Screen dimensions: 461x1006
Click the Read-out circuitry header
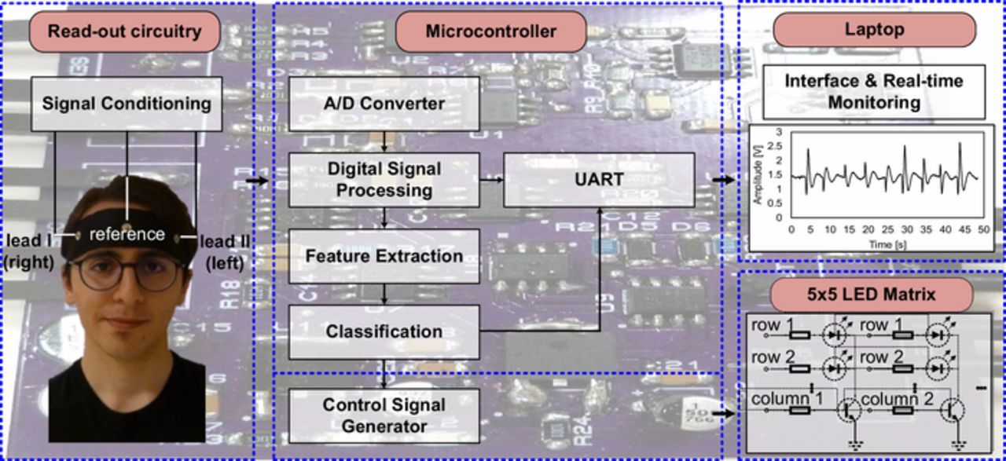(124, 32)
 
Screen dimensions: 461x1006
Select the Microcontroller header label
(490, 32)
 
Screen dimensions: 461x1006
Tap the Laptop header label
(874, 30)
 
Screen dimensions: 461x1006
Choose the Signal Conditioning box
(126, 103)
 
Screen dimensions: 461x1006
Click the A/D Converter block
(384, 104)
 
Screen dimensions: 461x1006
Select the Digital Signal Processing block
(384, 180)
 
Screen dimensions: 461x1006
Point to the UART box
(599, 180)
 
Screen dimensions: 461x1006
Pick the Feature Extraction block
(384, 256)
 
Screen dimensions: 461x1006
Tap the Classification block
(384, 331)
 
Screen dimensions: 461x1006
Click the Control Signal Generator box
(384, 416)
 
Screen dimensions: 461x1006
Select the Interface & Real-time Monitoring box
(873, 91)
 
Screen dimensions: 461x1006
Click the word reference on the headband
(127, 234)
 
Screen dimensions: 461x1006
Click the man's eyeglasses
(127, 273)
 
